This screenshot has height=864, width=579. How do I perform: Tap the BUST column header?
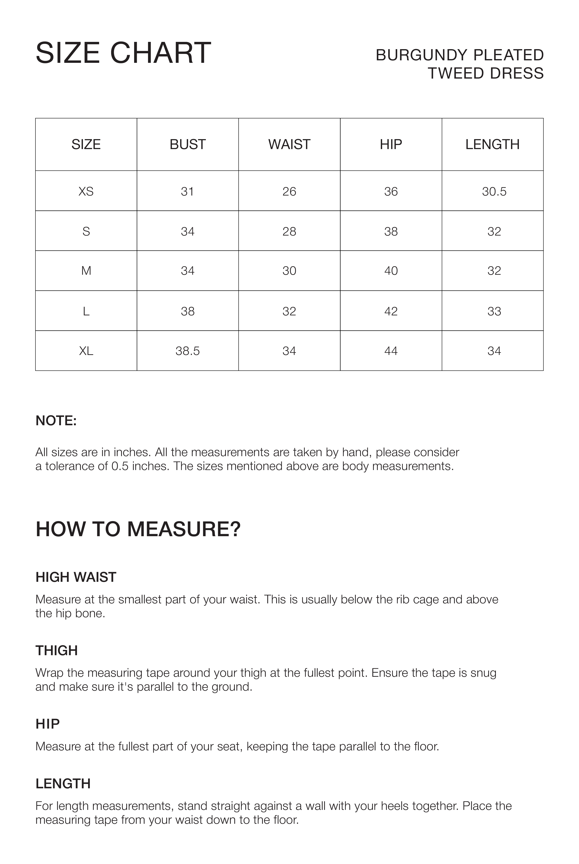point(188,144)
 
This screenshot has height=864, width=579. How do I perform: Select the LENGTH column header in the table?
point(492,144)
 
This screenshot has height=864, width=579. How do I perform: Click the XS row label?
point(86,191)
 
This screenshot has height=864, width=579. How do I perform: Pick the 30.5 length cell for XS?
point(494,191)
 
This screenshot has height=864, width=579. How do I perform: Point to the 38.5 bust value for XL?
point(188,351)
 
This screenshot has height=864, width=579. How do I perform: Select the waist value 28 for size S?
point(289,232)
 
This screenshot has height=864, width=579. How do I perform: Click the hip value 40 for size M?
point(391,271)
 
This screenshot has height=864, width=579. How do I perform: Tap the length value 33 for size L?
point(494,311)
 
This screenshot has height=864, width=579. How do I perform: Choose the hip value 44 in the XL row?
point(391,351)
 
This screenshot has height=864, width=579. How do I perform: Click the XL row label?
point(86,351)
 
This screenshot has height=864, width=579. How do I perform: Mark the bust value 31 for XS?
point(188,191)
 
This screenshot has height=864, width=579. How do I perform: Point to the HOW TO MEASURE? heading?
point(138,529)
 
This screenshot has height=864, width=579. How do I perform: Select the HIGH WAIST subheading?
point(76,577)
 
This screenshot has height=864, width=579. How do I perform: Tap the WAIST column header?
point(289,144)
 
